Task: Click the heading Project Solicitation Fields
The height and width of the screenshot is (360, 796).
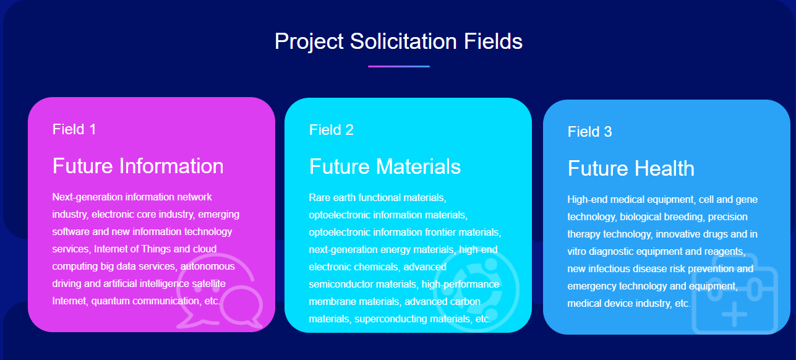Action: click(398, 42)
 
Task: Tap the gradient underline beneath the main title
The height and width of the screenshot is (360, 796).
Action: click(399, 66)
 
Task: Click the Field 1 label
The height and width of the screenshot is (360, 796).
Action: click(74, 129)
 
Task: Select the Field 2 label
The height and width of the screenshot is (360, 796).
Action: click(331, 130)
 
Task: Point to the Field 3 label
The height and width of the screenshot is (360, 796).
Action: click(589, 132)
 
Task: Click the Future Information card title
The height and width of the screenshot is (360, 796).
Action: click(138, 166)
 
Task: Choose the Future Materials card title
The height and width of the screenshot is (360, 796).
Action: click(385, 166)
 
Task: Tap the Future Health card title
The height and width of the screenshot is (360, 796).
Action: click(631, 168)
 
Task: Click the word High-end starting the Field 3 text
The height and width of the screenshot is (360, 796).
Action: click(587, 200)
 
